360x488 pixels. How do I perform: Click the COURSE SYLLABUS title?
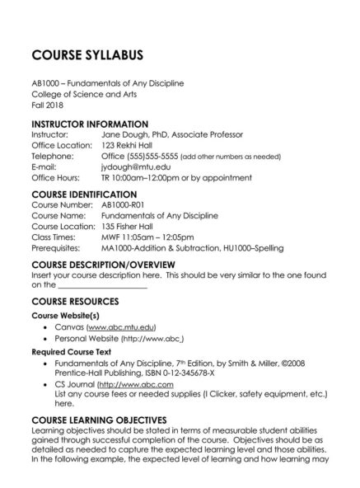(x=87, y=55)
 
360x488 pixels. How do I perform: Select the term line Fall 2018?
(x=49, y=106)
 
